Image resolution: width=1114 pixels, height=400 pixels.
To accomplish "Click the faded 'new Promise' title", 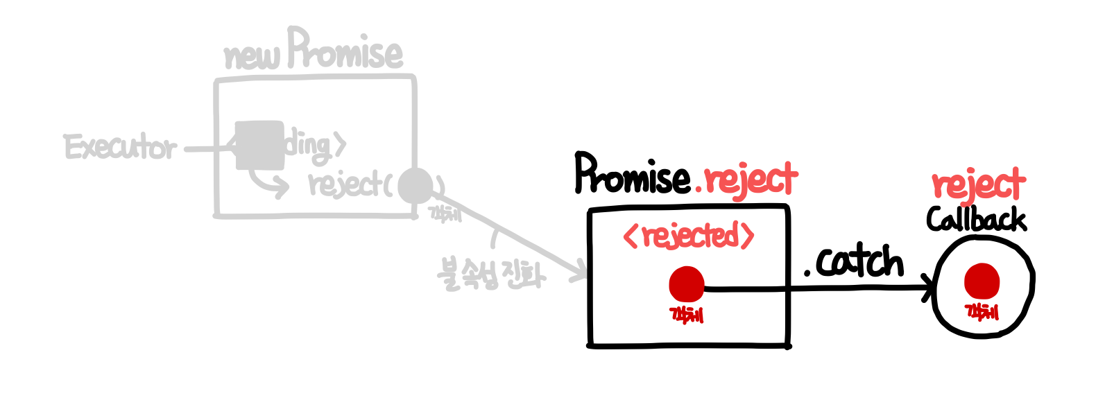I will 313,51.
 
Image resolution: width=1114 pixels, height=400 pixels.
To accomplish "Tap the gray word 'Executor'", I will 121,148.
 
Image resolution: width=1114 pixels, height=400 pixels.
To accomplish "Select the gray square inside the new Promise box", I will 259,145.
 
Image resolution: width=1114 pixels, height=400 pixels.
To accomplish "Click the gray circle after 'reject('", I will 415,185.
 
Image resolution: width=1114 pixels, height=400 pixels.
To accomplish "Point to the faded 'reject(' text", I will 350,185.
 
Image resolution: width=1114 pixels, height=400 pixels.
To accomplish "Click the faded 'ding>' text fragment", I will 315,146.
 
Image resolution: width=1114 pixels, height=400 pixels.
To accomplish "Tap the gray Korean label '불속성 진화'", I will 491,273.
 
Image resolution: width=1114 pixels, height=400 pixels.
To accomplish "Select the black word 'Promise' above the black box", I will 632,175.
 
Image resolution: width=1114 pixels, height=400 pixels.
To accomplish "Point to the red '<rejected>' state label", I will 688,236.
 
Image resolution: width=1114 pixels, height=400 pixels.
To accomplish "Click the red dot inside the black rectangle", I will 687,284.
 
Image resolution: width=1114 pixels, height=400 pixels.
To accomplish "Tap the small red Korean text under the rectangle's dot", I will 687,315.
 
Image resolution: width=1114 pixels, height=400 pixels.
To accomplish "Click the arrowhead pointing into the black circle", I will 928,287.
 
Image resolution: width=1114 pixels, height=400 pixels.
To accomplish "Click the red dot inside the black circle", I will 982,281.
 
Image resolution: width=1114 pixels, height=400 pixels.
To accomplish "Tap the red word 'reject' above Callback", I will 978,184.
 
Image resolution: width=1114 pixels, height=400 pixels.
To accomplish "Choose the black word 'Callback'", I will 976,220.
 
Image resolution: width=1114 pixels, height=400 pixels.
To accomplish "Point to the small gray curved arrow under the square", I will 268,183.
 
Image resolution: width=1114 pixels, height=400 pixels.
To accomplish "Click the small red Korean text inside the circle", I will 982,312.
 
